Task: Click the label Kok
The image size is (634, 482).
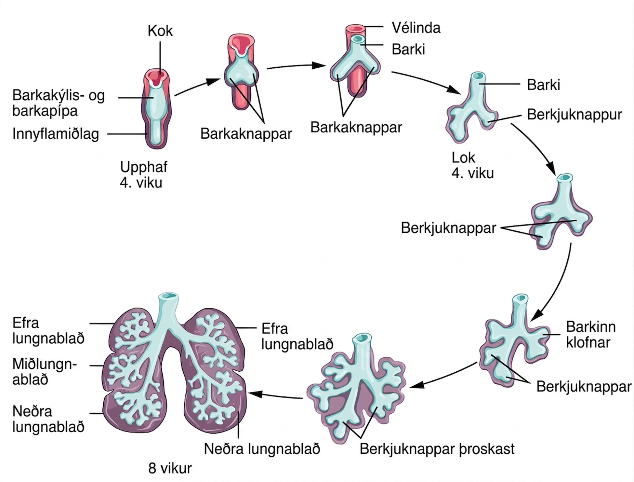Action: pyautogui.click(x=160, y=31)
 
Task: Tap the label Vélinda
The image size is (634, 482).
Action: pyautogui.click(x=416, y=28)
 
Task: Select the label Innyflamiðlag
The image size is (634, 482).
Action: pyautogui.click(x=56, y=134)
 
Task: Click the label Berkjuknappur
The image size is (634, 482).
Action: pyautogui.click(x=575, y=115)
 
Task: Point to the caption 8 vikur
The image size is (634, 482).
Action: pyautogui.click(x=170, y=468)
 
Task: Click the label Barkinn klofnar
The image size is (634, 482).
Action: pyautogui.click(x=591, y=334)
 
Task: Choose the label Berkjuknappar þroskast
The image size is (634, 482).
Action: pyautogui.click(x=437, y=449)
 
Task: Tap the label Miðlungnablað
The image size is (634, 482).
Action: pyautogui.click(x=45, y=372)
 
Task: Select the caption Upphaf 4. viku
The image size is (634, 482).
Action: pyautogui.click(x=143, y=175)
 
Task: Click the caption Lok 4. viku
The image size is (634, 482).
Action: pyautogui.click(x=472, y=165)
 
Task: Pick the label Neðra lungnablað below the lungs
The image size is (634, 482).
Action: pyautogui.click(x=262, y=449)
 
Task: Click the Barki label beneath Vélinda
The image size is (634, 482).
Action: pyautogui.click(x=408, y=49)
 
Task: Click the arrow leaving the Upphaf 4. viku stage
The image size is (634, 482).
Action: pyautogui.click(x=197, y=86)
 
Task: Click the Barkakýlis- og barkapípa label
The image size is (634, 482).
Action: pyautogui.click(x=59, y=103)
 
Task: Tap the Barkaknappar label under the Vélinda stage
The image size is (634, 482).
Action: pyautogui.click(x=356, y=127)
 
